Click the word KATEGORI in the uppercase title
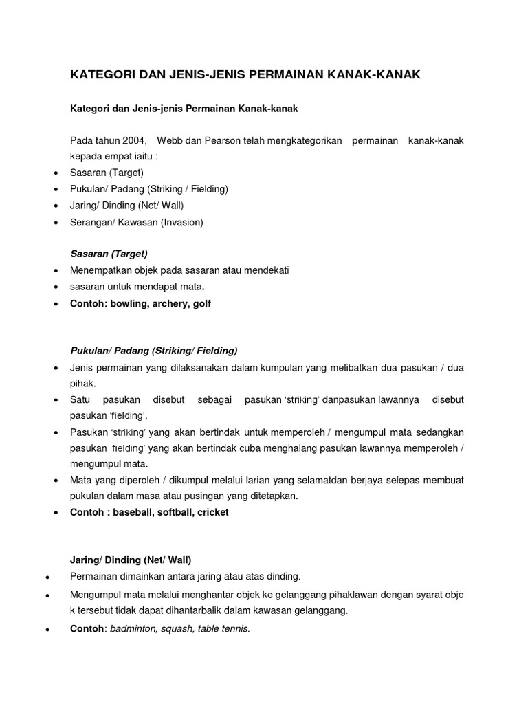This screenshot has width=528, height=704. click(x=102, y=74)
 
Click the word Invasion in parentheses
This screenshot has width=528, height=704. click(x=182, y=222)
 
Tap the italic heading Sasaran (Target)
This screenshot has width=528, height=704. click(x=109, y=254)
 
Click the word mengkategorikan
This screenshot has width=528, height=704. click(x=302, y=141)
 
